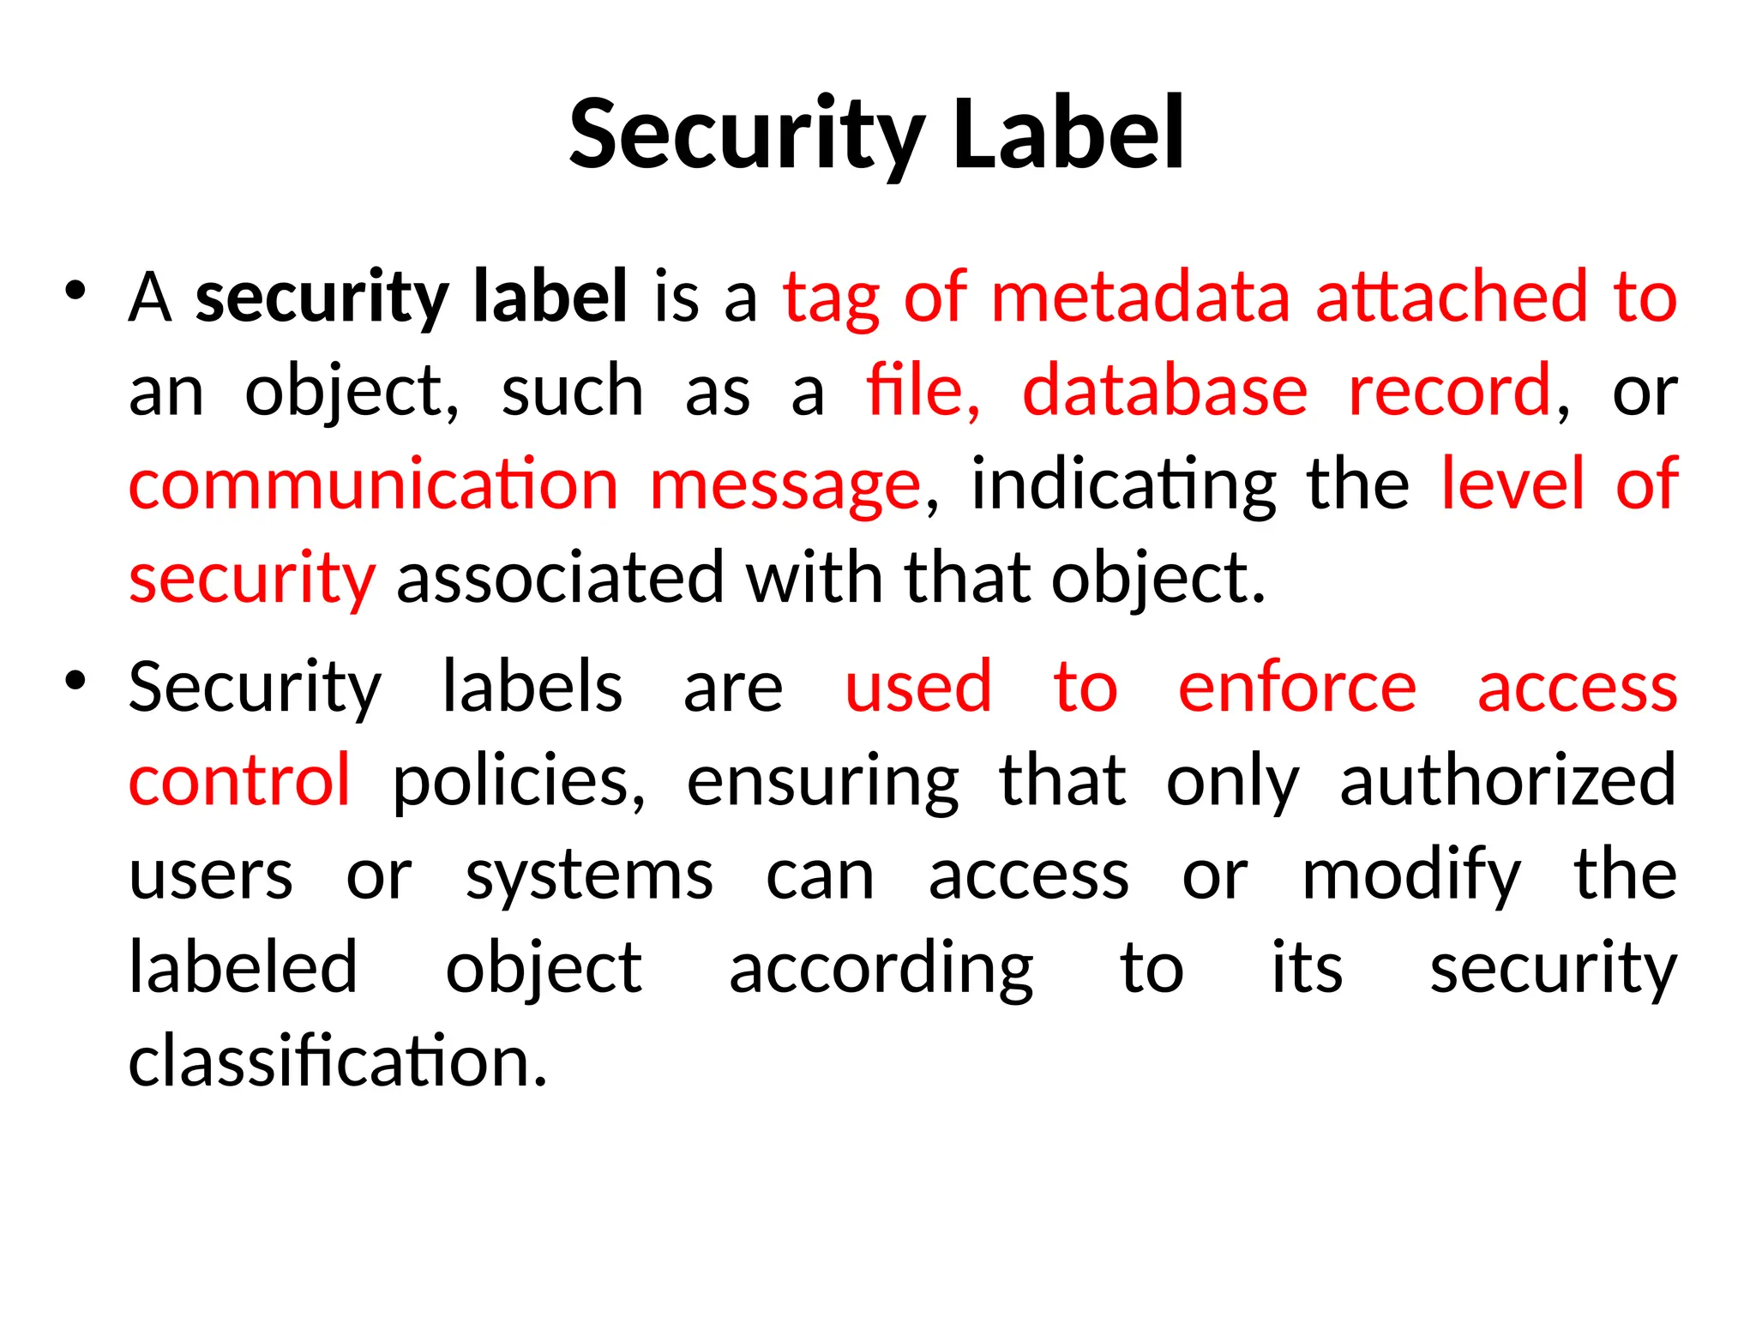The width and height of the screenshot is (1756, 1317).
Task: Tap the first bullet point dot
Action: pyautogui.click(x=75, y=291)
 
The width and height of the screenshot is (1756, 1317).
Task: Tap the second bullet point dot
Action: pyautogui.click(x=75, y=681)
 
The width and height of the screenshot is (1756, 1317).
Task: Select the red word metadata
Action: pyautogui.click(x=1140, y=297)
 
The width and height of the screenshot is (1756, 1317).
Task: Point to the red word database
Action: pyautogui.click(x=1164, y=391)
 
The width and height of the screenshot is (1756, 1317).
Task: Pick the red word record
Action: pyautogui.click(x=1450, y=391)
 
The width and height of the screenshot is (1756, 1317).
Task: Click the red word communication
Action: pyautogui.click(x=373, y=484)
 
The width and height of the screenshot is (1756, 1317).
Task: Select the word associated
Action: pyautogui.click(x=561, y=578)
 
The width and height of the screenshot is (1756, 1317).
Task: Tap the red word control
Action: pyautogui.click(x=239, y=780)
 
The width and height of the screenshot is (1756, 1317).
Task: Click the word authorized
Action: pyautogui.click(x=1507, y=780)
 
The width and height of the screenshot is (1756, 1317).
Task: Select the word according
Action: pyautogui.click(x=881, y=969)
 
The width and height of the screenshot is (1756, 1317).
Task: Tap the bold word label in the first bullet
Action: pyautogui.click(x=550, y=297)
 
